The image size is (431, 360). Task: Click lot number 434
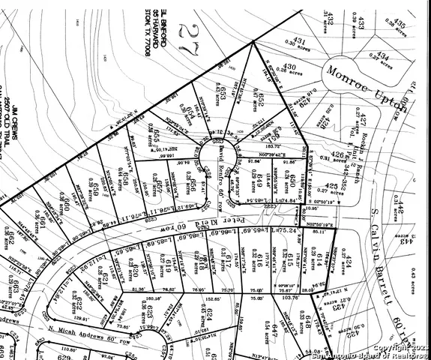click(x=382, y=55)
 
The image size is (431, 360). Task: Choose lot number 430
click(x=289, y=67)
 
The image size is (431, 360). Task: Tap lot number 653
click(x=221, y=89)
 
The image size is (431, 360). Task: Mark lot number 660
click(x=66, y=203)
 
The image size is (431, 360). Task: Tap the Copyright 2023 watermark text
click(x=401, y=347)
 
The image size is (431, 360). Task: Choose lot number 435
click(x=399, y=25)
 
